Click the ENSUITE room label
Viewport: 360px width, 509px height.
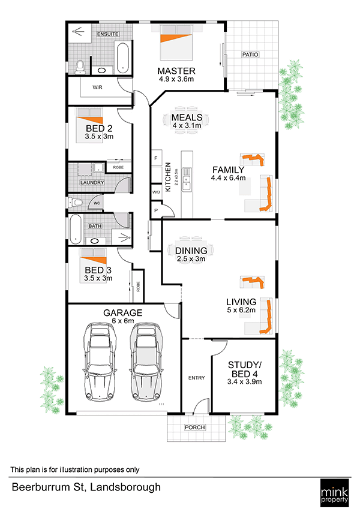coord(108,34)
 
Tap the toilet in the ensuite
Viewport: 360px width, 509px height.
coord(79,67)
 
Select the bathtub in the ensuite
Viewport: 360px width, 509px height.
coord(123,58)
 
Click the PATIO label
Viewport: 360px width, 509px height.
coord(250,55)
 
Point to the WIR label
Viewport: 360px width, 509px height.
coord(97,87)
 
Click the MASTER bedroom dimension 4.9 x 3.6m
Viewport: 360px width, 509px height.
coord(176,79)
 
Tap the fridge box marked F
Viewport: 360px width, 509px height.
coord(156,158)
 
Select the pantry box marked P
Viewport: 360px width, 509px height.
coord(156,210)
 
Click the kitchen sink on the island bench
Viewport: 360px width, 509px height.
coord(187,179)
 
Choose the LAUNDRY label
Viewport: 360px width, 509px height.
coord(92,183)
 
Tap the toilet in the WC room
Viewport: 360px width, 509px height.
coord(75,203)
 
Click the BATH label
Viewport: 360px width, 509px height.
coord(95,226)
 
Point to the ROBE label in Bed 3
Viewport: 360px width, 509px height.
coord(138,287)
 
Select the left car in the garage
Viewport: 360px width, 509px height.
coord(100,361)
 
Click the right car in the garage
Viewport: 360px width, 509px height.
coord(146,361)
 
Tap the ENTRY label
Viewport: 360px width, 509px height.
coord(197,378)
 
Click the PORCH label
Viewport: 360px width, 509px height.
coord(195,427)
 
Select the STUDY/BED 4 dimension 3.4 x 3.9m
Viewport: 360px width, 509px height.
coord(245,382)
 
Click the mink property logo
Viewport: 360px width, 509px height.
coord(334,493)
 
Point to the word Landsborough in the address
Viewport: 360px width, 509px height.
coord(125,487)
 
